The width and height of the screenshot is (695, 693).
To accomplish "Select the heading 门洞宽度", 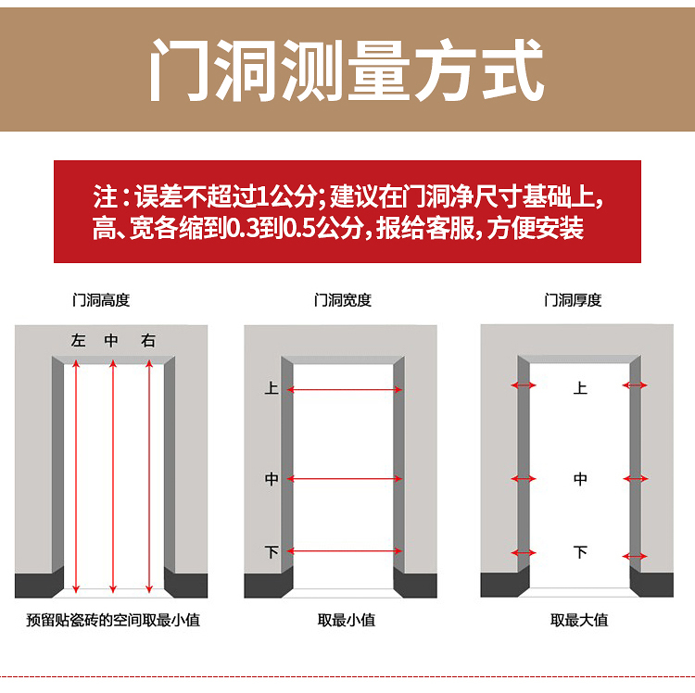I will (x=342, y=300).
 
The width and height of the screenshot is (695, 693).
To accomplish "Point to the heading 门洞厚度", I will (x=573, y=300).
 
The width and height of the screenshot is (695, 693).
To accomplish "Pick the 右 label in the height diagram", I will (x=148, y=341).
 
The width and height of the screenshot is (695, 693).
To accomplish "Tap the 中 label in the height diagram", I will (x=112, y=341).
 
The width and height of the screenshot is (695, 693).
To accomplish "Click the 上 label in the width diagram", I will (x=272, y=388).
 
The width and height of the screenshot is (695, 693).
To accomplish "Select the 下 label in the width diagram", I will (x=272, y=551).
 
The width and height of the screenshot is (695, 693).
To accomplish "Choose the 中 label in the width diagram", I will (x=272, y=479).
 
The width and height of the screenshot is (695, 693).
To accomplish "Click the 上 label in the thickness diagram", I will (x=580, y=388).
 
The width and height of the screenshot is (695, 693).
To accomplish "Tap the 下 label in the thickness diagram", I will (x=580, y=552).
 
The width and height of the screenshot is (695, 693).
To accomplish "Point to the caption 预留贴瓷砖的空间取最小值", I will (x=113, y=620).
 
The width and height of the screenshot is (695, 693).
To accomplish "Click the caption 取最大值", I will (x=579, y=620).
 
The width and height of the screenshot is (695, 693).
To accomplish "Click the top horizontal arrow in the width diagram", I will (x=345, y=390).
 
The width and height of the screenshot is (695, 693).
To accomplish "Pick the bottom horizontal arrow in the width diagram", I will (x=345, y=551).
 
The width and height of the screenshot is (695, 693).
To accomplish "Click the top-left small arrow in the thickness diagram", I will (x=524, y=384).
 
